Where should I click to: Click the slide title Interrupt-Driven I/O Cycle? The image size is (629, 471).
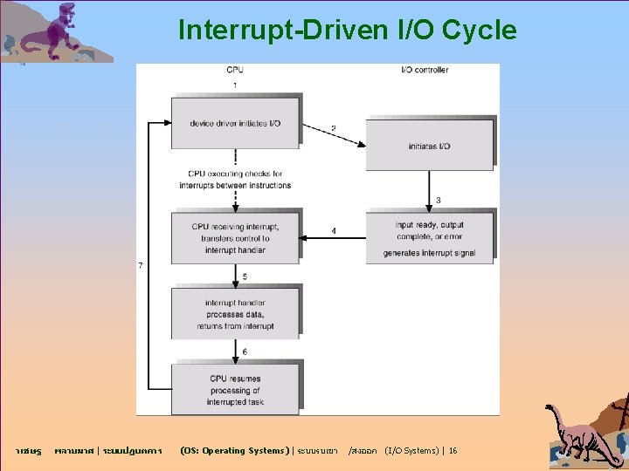347,31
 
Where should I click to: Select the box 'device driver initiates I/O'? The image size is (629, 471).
235,123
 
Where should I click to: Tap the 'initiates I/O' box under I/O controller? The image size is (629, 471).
428,145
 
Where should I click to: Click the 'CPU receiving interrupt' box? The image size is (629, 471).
235,237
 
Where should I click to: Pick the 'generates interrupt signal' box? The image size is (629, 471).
429,237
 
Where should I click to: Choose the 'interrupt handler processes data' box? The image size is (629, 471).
235,314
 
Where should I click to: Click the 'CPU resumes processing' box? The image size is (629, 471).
235,390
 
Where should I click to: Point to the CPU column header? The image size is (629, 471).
236,70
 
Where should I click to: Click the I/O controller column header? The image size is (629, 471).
424,70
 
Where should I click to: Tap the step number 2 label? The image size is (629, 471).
333,129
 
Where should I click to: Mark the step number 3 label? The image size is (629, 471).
438,201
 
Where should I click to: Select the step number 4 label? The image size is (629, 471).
333,231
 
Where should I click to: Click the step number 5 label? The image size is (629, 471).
245,276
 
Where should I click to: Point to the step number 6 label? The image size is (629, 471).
245,352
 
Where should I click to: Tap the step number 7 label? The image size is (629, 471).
141,265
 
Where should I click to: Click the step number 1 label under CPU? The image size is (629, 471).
235,85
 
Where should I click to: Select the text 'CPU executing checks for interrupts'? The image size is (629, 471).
235,179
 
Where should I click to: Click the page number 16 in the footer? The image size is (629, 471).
453,451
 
